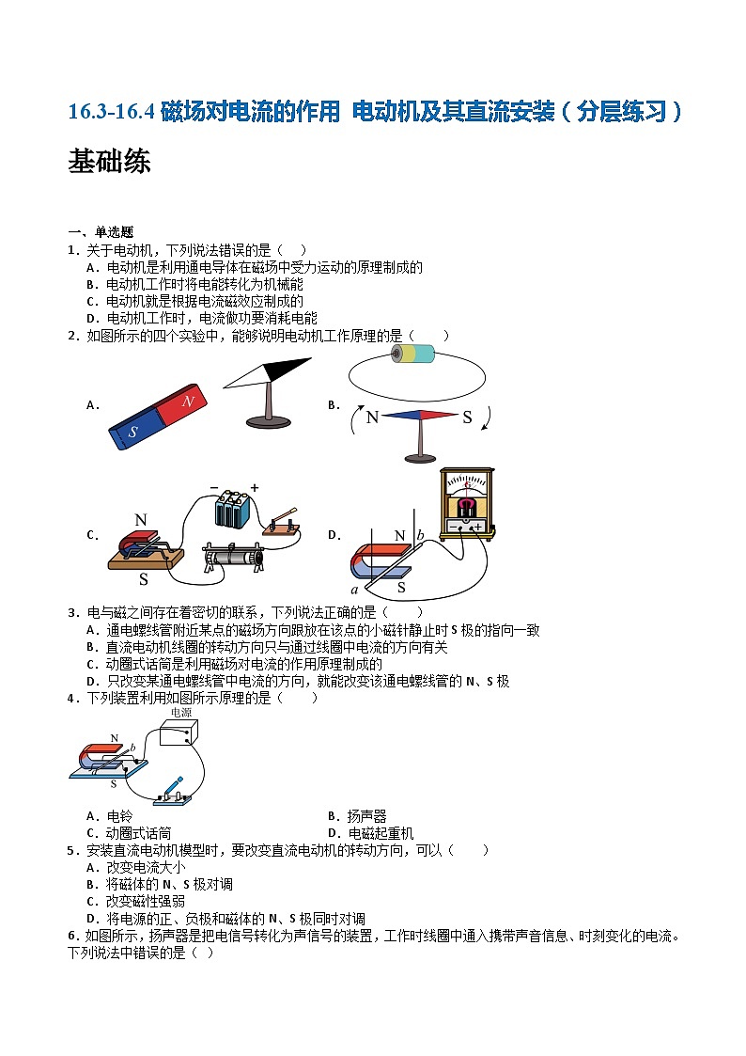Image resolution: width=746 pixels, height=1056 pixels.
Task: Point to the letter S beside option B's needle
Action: (467, 418)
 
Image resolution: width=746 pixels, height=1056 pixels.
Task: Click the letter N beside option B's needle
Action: (372, 418)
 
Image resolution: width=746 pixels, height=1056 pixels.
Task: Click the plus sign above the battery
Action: (254, 488)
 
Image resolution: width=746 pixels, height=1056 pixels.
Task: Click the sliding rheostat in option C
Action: (236, 556)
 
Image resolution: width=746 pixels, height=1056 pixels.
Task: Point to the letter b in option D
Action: (421, 535)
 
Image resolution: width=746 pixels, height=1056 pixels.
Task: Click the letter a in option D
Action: (354, 590)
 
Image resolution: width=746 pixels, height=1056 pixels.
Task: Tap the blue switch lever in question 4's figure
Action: (175, 784)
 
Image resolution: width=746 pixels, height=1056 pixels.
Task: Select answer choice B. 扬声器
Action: (356, 816)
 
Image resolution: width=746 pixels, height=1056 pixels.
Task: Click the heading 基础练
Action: (109, 162)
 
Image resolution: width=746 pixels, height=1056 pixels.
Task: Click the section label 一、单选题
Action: (101, 232)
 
